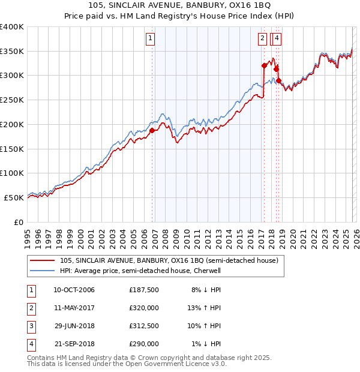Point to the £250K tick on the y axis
tap(12, 100)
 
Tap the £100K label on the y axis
tap(12, 173)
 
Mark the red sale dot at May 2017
tap(264, 65)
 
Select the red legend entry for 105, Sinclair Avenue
tap(169, 261)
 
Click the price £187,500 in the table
tap(144, 290)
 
